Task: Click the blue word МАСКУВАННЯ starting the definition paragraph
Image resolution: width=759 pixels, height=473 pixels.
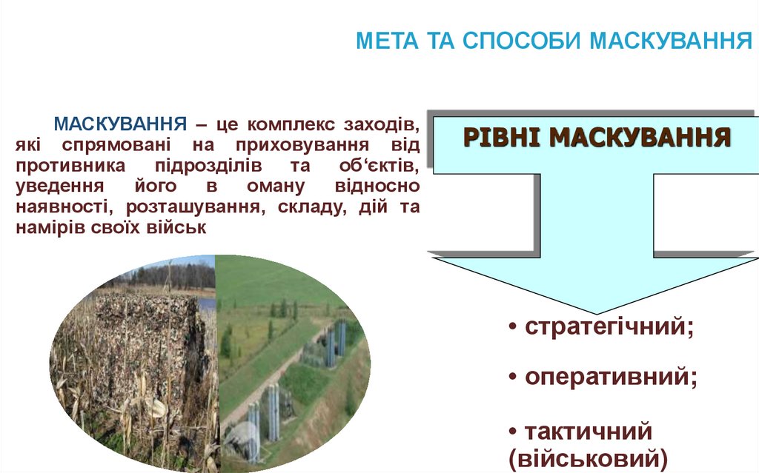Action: click(119, 122)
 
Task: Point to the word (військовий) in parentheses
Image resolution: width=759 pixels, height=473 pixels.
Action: click(589, 457)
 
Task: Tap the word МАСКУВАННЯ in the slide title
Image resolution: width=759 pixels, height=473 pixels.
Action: click(670, 40)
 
